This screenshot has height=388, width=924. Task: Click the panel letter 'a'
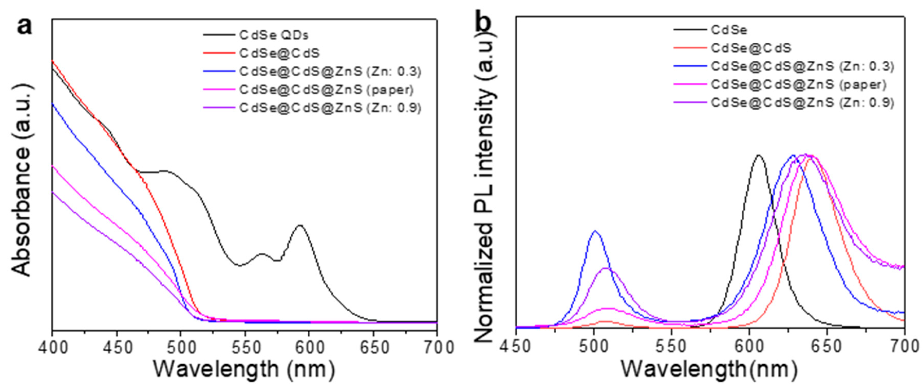(24, 27)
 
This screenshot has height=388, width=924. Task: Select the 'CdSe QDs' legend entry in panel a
(274, 35)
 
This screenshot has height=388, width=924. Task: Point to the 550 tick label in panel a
(245, 348)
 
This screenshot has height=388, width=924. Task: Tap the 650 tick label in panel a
(373, 348)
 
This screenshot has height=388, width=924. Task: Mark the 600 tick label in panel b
(749, 346)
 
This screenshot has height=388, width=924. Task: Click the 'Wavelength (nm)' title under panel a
(244, 369)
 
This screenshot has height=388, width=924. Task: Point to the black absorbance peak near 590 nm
(300, 226)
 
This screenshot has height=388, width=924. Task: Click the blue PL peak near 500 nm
(595, 231)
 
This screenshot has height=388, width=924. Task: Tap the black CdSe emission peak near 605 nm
(758, 156)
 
